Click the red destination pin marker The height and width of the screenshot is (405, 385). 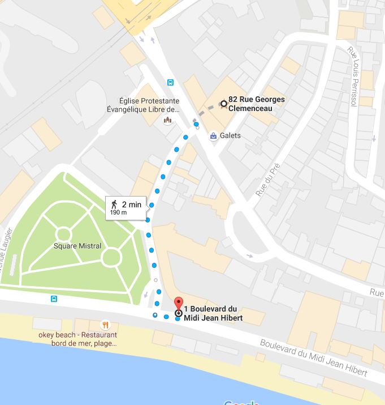[179, 304]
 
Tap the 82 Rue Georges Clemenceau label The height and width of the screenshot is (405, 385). [257, 103]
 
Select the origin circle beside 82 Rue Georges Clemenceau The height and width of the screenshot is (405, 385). [223, 104]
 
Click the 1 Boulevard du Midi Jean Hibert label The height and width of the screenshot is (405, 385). [213, 313]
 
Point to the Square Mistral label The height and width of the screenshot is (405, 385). [77, 246]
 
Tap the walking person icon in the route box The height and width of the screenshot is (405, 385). [114, 204]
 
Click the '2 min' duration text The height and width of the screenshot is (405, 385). [131, 204]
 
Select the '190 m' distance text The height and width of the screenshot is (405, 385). [118, 213]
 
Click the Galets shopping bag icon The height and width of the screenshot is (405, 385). [213, 136]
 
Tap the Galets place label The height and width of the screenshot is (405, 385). [231, 136]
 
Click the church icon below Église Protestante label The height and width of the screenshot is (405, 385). [167, 120]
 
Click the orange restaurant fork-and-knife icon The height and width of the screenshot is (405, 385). [105, 325]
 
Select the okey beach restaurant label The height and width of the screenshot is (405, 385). [77, 339]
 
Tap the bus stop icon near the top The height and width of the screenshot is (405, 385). [171, 83]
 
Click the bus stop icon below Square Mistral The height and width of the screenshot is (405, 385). [54, 299]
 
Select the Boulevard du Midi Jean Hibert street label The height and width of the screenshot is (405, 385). [314, 357]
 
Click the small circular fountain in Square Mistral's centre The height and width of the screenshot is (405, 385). [63, 234]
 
